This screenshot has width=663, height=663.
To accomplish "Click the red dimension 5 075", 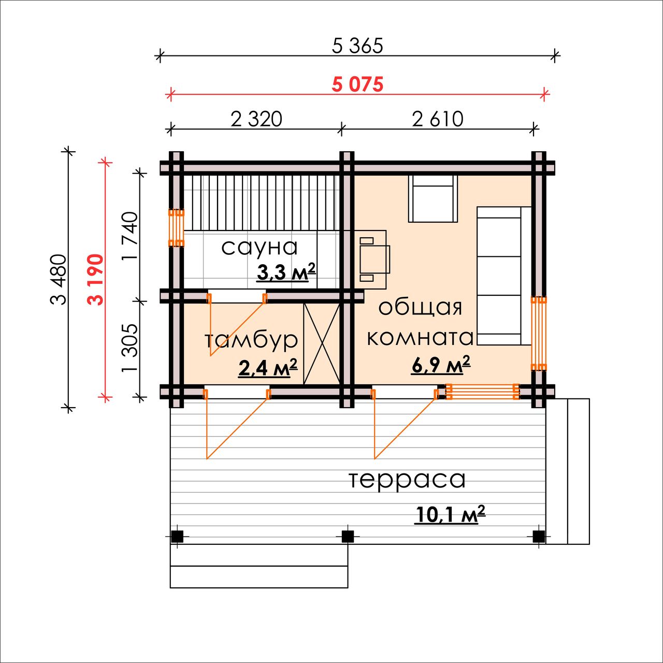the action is tap(357, 84).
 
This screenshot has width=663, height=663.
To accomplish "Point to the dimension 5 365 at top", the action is tap(357, 46).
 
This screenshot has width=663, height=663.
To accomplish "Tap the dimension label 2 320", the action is tap(256, 119).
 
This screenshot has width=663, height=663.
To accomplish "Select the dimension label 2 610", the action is tap(437, 119).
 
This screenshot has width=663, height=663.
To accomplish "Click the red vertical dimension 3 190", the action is tap(95, 280).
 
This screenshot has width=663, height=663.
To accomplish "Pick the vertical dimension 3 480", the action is tap(58, 280).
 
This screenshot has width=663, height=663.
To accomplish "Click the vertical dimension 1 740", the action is tap(129, 236).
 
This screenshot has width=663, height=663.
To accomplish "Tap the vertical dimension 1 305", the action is tap(129, 348).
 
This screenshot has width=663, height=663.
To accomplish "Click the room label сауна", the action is tap(259, 248).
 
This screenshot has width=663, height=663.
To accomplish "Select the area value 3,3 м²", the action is tap(286, 272).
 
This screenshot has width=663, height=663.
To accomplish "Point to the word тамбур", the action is tap(251, 341).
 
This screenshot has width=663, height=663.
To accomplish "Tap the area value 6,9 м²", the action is tap(441, 364).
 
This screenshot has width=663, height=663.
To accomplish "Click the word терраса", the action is tap(407, 480).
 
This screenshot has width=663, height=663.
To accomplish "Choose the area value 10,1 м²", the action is tap(450, 514).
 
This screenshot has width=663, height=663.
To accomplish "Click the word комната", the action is tap(420, 338).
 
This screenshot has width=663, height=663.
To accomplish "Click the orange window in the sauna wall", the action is tap(176, 228).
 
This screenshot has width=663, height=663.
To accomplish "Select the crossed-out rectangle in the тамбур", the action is tap(321, 344).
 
